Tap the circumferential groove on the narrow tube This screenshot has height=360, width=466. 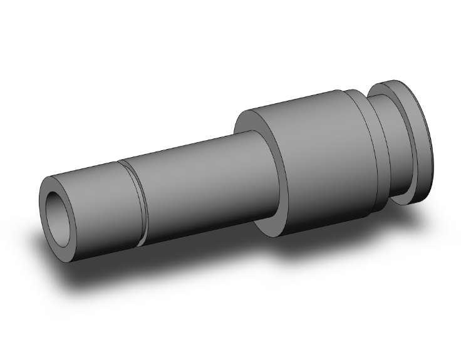133,200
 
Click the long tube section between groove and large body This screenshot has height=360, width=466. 200,182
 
